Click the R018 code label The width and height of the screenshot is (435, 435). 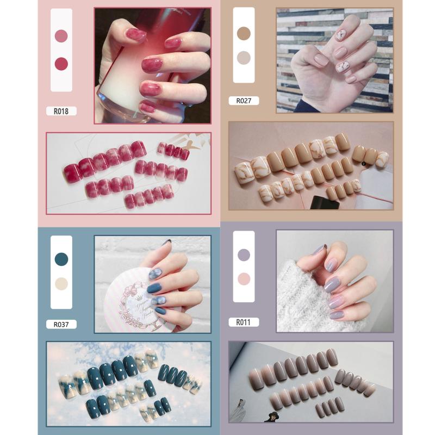point(61,111)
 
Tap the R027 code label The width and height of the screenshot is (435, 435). point(244,101)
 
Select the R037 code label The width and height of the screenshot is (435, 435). point(61,325)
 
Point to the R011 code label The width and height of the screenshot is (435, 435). point(243,322)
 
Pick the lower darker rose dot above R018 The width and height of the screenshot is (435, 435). point(61,63)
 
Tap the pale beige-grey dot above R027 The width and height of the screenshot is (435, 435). point(244,57)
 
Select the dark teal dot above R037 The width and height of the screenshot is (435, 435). point(61,259)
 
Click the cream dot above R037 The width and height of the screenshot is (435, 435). point(61,284)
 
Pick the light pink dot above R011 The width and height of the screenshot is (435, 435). point(244,278)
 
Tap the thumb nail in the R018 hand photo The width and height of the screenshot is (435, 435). point(135,36)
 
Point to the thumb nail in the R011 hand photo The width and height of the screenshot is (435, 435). point(319,251)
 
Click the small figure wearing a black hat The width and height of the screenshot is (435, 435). point(269,416)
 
